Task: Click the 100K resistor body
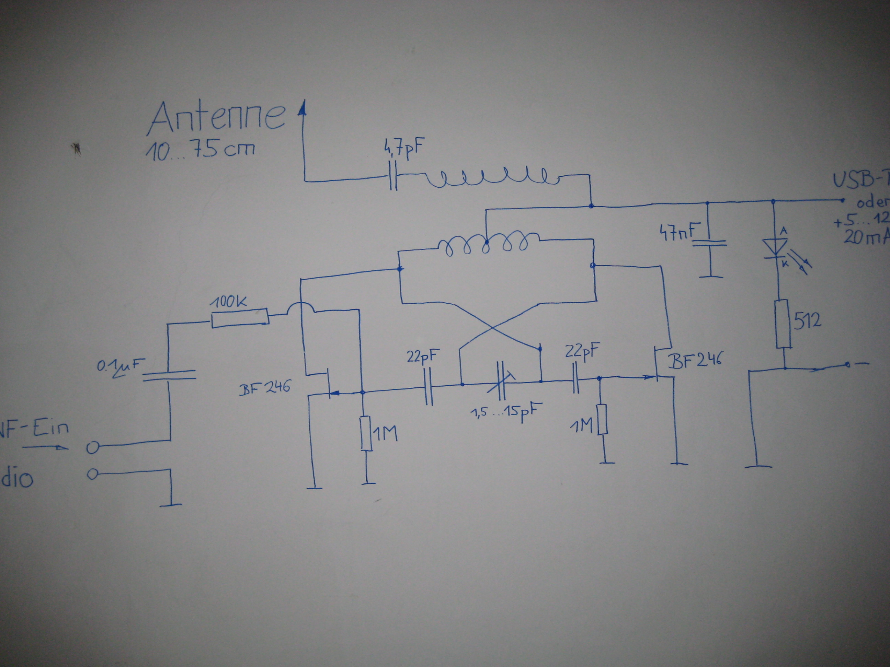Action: (240, 318)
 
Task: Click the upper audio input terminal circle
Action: (93, 447)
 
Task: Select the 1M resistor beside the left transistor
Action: (366, 433)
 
